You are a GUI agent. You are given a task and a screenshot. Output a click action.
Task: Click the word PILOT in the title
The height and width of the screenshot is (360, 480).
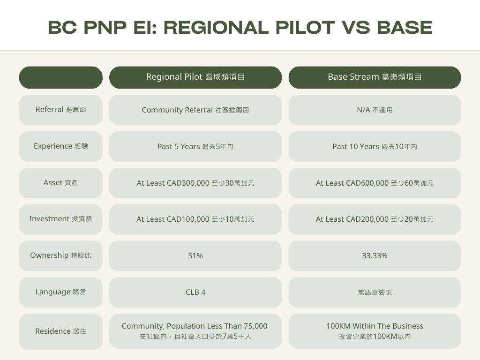pos(305,28)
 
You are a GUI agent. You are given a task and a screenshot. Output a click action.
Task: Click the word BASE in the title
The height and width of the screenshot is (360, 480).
pos(405,28)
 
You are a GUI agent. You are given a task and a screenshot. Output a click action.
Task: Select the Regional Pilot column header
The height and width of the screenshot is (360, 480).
pos(195,77)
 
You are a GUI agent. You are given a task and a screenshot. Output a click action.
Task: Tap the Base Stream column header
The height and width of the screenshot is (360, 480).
pos(375,77)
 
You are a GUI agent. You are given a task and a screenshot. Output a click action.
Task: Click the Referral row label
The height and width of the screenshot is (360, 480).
pos(60,110)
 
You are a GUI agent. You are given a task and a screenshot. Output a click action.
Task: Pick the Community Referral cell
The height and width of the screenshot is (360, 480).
pos(195,110)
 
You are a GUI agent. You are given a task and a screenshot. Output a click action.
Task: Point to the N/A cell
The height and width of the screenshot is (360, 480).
pos(375,110)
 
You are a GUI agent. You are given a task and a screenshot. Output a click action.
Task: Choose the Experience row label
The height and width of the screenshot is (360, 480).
pos(60,146)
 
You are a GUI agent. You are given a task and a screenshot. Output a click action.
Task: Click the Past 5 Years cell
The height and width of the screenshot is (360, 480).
pos(195,146)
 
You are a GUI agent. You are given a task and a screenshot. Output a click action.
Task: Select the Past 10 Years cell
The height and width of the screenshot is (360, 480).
pos(375,146)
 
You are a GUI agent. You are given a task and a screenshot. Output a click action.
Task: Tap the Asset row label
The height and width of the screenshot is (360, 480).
pos(60,183)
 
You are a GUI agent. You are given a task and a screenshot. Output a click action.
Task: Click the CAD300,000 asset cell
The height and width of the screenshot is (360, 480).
pos(195,183)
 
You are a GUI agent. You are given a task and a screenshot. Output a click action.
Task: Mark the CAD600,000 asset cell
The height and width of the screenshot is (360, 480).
pos(375,183)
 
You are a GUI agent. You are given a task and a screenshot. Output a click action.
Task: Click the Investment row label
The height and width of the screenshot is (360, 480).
pos(60,219)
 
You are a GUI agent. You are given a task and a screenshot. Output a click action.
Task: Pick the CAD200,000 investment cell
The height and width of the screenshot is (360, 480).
pos(375,219)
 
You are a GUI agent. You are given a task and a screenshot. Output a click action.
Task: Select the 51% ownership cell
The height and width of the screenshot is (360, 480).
pos(195,255)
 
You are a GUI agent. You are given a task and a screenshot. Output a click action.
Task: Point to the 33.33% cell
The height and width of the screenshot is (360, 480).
pos(375,255)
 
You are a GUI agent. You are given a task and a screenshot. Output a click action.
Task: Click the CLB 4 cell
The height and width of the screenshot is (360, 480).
pos(195,292)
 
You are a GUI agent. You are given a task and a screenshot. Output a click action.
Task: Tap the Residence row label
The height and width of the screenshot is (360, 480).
pos(60,331)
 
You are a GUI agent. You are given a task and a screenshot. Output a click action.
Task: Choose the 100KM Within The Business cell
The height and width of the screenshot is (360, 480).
pos(375,331)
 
